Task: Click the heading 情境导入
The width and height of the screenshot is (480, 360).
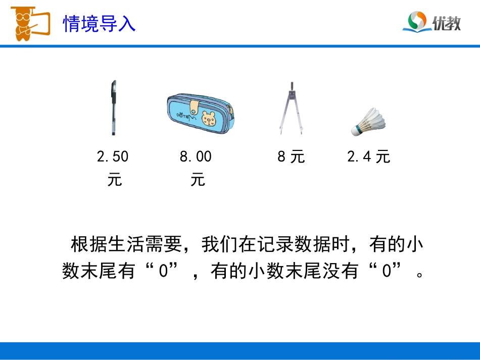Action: [x=99, y=23]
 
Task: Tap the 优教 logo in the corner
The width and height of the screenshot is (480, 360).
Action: [x=431, y=22]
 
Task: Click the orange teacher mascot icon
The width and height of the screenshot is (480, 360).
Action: [x=28, y=23]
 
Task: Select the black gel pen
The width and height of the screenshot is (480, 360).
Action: [x=113, y=107]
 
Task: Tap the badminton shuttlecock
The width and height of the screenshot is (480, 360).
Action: [x=368, y=122]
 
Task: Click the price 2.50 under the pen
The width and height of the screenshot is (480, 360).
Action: [x=113, y=157]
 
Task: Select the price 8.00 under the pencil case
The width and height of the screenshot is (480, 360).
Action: [x=196, y=157]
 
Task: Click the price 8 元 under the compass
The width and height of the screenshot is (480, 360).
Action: [x=291, y=157]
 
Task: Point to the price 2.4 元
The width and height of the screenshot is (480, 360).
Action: [x=368, y=157]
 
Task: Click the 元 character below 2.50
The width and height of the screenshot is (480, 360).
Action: [x=114, y=180]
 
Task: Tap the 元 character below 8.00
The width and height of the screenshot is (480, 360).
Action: [x=198, y=180]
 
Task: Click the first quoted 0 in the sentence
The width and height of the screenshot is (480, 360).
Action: [x=162, y=272]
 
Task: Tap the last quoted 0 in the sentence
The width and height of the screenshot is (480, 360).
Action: [x=387, y=272]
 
